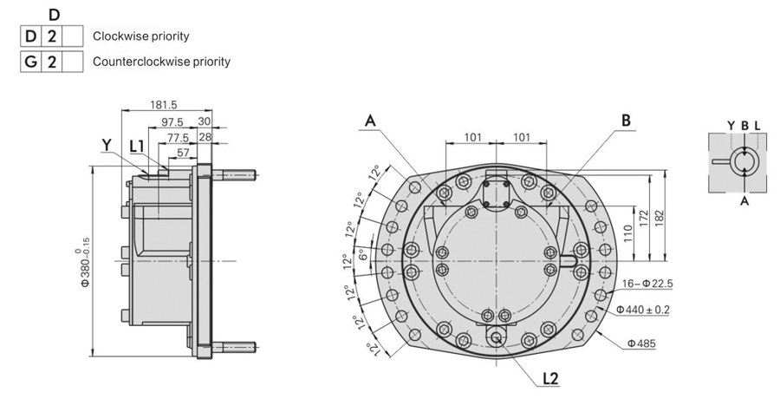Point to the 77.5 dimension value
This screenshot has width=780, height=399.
tap(178, 137)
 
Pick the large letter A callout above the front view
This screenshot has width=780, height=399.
tap(371, 121)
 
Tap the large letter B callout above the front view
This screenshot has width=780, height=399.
tap(626, 121)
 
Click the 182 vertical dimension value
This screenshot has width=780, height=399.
tap(659, 215)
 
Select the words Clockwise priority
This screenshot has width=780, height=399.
tap(140, 36)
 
